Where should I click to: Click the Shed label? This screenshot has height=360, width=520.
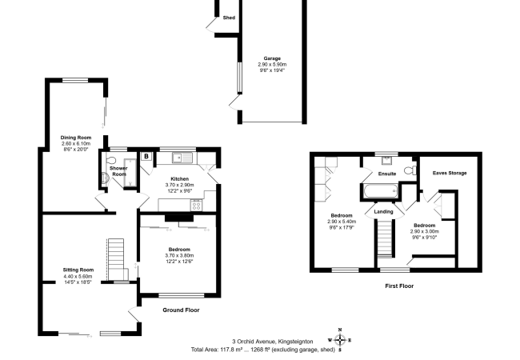[x=229, y=18]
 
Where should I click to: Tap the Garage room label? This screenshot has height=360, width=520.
[x=272, y=58]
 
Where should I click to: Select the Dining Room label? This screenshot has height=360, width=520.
[x=76, y=138]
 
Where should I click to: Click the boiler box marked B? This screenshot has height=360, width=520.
[x=146, y=156]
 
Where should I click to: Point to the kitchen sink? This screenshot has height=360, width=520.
[x=182, y=158]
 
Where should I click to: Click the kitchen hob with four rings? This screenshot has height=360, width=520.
[x=196, y=205]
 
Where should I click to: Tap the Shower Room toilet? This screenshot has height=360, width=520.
[x=110, y=160]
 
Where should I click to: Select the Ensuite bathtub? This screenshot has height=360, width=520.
[x=380, y=192]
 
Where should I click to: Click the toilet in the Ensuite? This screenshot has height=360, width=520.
[x=410, y=170]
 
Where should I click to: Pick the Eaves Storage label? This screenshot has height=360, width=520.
[x=450, y=173]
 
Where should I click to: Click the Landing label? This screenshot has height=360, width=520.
[x=383, y=211]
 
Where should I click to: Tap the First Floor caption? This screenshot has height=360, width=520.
[x=399, y=286]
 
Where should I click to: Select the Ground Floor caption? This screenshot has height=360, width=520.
[x=181, y=310]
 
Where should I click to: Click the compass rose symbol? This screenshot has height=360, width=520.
[x=340, y=340]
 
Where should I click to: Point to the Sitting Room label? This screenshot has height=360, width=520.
[x=78, y=270]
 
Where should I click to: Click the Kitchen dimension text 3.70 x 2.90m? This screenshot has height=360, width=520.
[x=180, y=185]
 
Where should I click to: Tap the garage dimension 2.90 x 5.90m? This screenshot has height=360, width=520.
[x=272, y=64]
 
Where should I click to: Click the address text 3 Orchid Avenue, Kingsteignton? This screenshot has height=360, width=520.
[x=273, y=342]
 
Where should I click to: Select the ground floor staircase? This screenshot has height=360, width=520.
[x=116, y=260]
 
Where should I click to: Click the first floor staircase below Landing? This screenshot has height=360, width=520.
[x=385, y=239]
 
